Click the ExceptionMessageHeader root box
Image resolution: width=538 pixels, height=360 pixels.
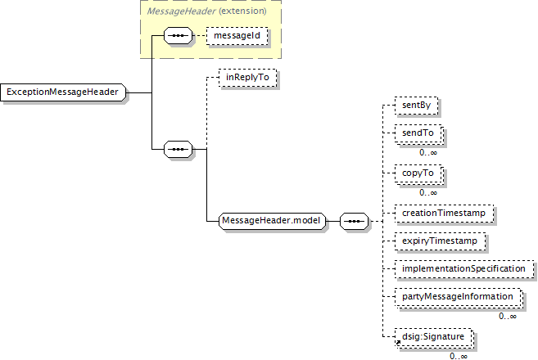click(63, 92)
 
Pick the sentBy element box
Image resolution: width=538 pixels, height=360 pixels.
click(412, 106)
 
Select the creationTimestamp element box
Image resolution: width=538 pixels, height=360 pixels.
click(444, 213)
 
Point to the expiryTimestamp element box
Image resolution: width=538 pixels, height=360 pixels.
click(440, 241)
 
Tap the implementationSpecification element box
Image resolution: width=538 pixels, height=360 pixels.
click(463, 268)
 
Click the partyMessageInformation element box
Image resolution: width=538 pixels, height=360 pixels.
click(457, 297)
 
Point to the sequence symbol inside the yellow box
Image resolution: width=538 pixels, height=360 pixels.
click(177, 36)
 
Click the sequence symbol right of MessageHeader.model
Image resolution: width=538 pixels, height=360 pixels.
click(353, 221)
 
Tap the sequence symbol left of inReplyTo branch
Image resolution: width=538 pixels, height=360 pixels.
click(177, 149)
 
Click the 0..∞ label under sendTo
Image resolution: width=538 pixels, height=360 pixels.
click(428, 151)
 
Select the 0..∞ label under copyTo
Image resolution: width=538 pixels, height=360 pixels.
click(428, 192)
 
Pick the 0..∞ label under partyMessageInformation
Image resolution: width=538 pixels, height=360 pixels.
click(508, 316)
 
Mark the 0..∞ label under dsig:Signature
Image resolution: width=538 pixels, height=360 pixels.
click(458, 355)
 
